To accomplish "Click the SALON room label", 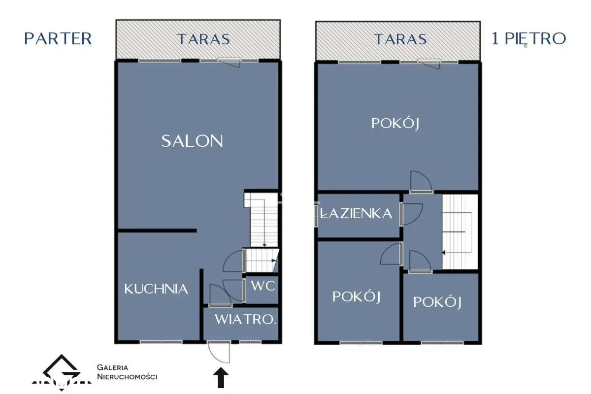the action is point(192,141).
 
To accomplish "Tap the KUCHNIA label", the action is point(156,289).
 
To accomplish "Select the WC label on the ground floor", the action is point(263,286).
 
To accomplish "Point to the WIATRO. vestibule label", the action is point(245,319).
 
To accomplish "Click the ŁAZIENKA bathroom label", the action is point(356,213).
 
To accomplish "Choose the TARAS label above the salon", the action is point(203,39).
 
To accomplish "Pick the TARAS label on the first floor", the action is point(400,39).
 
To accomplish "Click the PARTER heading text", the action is point(58,39).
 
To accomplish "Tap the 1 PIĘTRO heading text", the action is point(529,39).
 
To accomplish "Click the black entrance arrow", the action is point(221,378).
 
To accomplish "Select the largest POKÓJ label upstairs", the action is point(395,124).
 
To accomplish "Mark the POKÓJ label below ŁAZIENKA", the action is point(357,297).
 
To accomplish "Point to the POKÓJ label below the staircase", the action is point(437,302).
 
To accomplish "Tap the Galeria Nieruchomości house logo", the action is point(62,372).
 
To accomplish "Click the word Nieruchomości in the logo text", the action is point(127,377).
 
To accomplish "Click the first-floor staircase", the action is point(460,231).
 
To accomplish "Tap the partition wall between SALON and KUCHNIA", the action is point(157,230).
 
